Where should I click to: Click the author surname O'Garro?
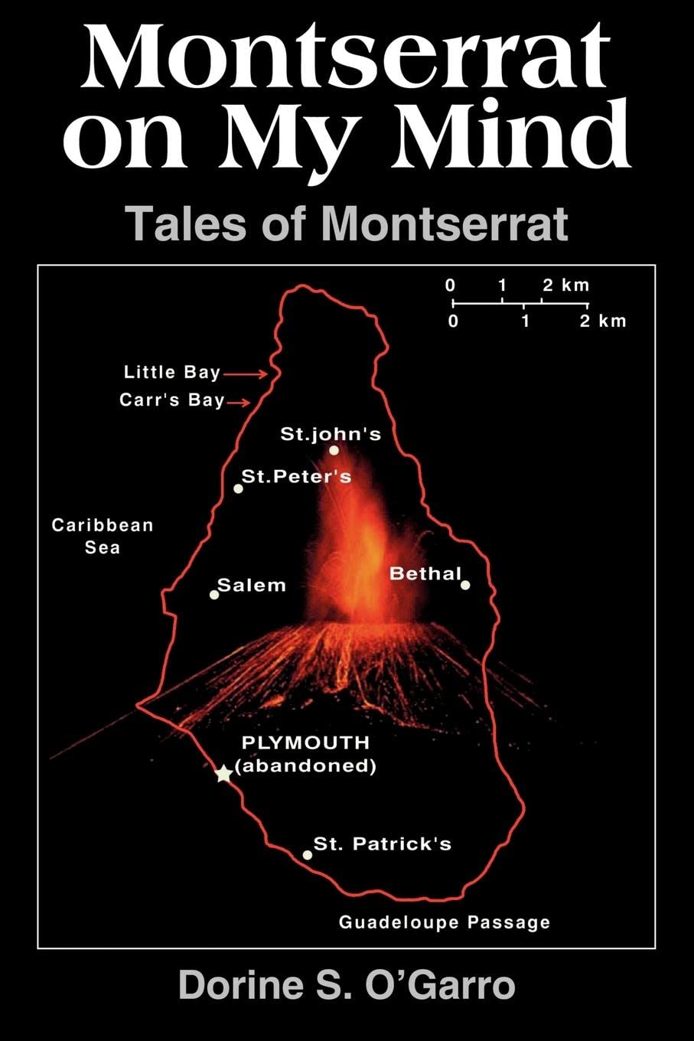[444, 985]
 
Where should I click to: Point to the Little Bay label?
[171, 373]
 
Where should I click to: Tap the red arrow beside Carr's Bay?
[239, 402]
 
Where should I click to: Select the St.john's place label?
[331, 434]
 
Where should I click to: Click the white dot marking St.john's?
[334, 450]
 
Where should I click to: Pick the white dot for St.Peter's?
[239, 488]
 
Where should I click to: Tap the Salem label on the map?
[252, 586]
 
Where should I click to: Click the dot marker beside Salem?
[214, 594]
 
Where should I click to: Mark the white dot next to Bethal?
[465, 585]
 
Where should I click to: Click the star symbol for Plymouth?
[223, 774]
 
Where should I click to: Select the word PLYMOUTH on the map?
[305, 742]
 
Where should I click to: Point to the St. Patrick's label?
[383, 844]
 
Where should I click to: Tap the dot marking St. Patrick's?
[308, 854]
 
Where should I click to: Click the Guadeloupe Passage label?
[445, 922]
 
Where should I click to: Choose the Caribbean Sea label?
[103, 536]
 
